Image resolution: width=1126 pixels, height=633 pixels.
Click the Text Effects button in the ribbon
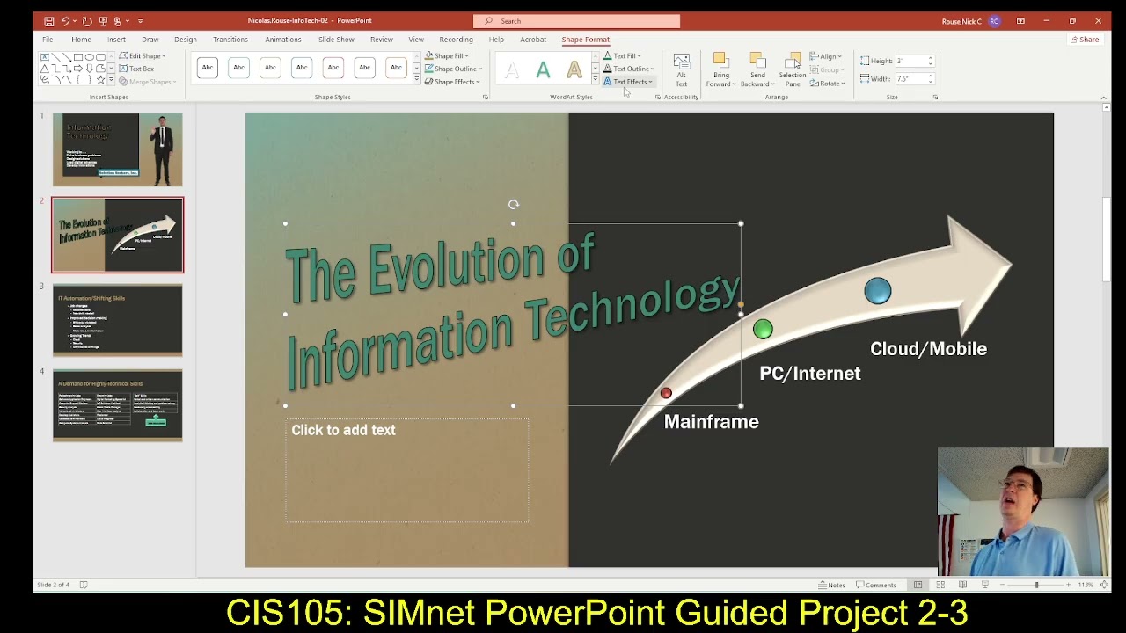(629, 82)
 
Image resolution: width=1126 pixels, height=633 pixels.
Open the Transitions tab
(230, 40)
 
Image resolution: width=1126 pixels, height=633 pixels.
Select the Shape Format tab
(585, 40)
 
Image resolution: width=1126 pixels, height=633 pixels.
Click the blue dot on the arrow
(877, 291)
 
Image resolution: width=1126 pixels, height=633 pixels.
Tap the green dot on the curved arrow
(763, 329)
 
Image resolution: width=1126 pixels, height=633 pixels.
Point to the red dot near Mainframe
(666, 394)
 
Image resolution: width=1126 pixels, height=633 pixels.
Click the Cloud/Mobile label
(927, 349)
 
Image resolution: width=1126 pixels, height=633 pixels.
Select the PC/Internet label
(809, 374)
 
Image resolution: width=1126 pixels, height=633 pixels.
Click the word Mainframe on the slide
(711, 422)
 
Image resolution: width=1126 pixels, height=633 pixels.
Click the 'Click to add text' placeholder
(343, 430)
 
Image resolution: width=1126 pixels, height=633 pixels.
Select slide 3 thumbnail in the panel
(117, 320)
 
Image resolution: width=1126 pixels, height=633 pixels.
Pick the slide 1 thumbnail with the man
(117, 149)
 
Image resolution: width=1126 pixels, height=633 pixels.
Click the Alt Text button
(681, 69)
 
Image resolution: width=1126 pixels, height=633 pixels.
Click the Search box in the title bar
(576, 21)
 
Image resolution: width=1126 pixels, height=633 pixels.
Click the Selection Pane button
(792, 69)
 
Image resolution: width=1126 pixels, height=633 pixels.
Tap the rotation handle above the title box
(514, 205)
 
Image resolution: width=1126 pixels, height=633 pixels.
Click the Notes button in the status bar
(831, 585)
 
